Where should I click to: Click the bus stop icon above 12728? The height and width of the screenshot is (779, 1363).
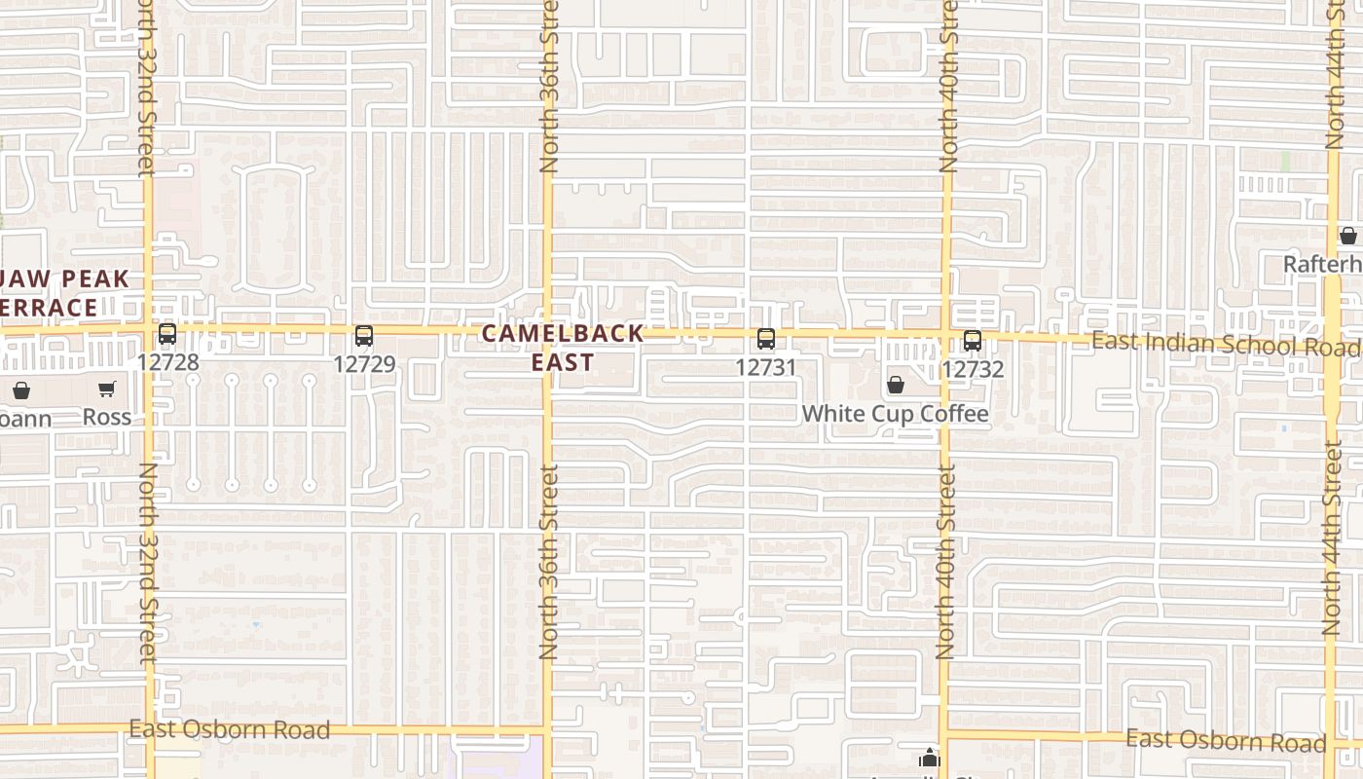[167, 335]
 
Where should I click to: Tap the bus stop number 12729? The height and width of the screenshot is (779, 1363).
[364, 364]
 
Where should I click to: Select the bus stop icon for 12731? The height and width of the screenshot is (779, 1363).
[766, 339]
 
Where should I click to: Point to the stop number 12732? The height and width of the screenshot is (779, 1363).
[973, 369]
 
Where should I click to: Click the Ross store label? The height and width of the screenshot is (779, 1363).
[107, 417]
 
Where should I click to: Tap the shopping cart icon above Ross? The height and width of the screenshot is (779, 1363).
[107, 389]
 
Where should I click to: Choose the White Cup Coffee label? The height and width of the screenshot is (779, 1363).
[895, 414]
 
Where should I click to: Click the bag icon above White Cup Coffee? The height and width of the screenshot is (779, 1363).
[896, 386]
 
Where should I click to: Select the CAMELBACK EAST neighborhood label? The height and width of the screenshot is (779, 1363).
[563, 348]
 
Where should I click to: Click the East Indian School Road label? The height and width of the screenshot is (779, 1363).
[1225, 344]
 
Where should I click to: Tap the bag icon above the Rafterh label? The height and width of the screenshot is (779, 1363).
[1348, 236]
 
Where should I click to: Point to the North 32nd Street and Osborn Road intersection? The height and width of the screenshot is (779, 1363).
[149, 728]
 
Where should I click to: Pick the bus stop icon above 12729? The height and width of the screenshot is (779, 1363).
[364, 336]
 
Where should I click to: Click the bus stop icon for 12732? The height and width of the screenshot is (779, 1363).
[973, 341]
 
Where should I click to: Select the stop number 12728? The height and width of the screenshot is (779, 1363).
[167, 363]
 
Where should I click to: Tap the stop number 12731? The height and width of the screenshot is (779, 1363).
[766, 367]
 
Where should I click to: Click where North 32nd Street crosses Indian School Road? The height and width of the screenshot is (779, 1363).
[149, 331]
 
